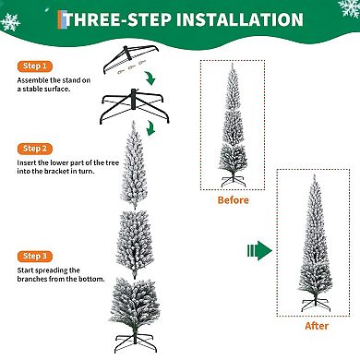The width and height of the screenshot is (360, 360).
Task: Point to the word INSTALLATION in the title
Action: pyautogui.click(x=243, y=19)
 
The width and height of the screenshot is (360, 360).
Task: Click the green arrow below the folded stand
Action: pyautogui.click(x=159, y=88)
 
